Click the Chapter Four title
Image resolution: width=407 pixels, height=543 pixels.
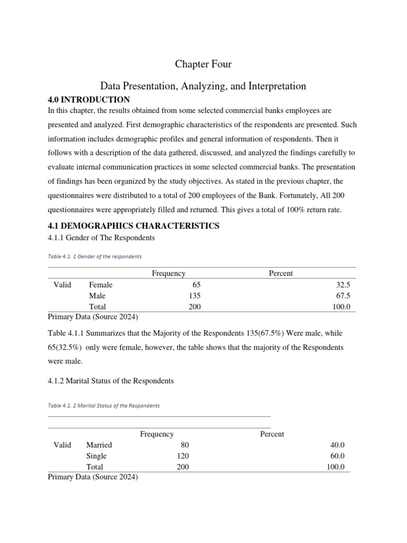pos(203,64)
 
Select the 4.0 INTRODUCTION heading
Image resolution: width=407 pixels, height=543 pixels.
pos(89,100)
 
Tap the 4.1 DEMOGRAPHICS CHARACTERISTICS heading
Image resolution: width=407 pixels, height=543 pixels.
pos(133,226)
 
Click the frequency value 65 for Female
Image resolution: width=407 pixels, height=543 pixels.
pos(197,285)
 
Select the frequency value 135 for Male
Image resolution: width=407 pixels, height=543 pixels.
pos(194,296)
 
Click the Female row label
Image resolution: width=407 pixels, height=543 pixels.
pos(101,285)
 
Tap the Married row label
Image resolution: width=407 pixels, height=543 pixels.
pos(99,445)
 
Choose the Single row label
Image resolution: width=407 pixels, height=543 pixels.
pos(96,456)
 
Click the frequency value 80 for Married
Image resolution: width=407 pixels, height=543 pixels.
pos(184,445)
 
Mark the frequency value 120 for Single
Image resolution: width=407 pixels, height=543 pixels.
pos(182,456)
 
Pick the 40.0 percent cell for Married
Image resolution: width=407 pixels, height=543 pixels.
pos(337,445)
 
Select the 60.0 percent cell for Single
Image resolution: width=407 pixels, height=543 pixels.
pos(337,456)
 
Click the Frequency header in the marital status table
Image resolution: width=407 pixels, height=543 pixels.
pos(157,434)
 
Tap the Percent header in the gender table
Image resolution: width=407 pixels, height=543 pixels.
pos(281,274)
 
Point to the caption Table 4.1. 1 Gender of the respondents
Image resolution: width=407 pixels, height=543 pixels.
pos(95,256)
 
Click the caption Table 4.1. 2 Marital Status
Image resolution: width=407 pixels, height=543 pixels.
pos(103,406)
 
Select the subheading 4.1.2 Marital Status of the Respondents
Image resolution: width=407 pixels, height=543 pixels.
pos(110,381)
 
